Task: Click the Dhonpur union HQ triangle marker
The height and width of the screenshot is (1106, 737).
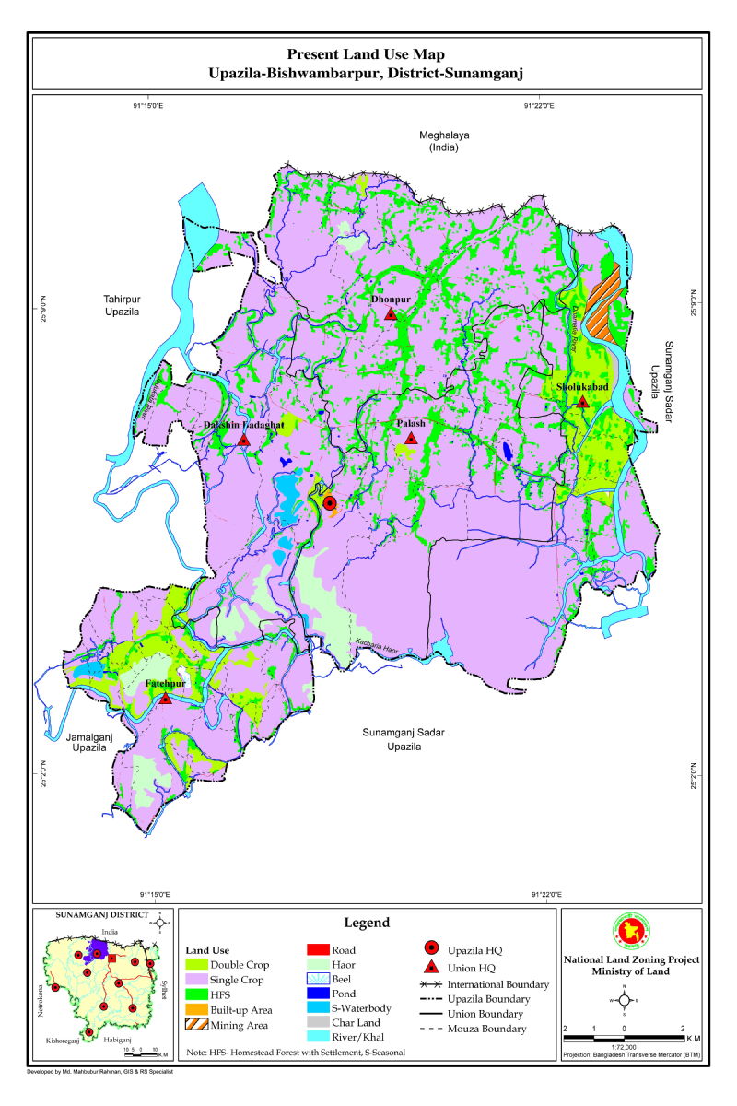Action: click(391, 315)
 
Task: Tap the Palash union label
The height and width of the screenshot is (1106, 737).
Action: click(411, 424)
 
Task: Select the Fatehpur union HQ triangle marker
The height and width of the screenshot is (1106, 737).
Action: click(165, 700)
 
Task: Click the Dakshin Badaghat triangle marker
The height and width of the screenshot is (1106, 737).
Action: click(243, 441)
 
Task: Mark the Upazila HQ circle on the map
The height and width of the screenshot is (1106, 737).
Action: click(330, 503)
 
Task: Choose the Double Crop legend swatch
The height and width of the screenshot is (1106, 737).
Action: click(201, 964)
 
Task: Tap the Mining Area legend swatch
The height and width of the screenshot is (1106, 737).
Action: click(201, 1024)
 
